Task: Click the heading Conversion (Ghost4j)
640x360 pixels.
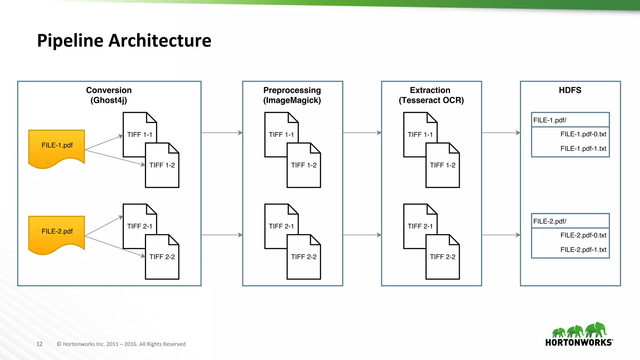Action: click(x=109, y=95)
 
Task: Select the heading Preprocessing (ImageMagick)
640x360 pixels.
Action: click(x=292, y=95)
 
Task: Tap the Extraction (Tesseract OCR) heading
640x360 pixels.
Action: click(x=431, y=95)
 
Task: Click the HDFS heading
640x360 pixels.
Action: click(x=570, y=90)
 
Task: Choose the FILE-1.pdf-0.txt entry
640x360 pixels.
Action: click(x=583, y=134)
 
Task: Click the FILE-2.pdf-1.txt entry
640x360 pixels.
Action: click(x=583, y=250)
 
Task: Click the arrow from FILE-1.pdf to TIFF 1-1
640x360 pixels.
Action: click(x=104, y=142)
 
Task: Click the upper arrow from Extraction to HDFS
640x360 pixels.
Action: click(x=501, y=133)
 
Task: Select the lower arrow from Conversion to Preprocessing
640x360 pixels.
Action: click(x=222, y=235)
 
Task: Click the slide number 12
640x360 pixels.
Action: click(x=39, y=344)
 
